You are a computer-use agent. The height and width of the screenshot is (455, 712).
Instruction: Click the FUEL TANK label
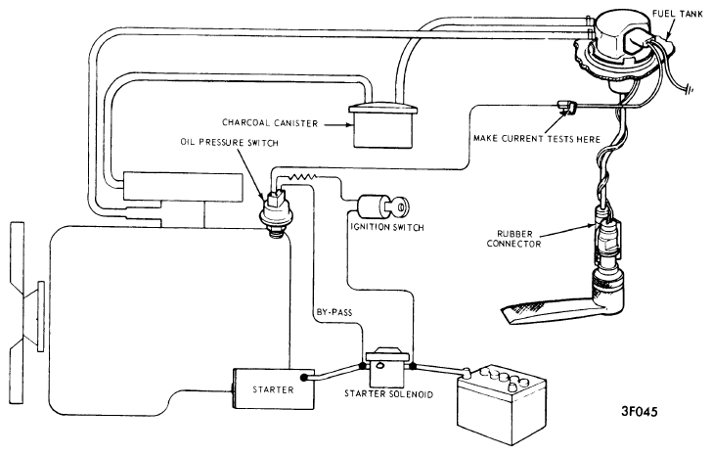point(677,14)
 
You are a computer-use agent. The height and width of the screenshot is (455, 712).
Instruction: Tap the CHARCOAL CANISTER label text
point(270,123)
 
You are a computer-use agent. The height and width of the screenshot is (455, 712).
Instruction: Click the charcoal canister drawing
point(382,125)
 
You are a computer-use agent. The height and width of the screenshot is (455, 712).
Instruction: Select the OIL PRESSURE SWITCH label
point(229,143)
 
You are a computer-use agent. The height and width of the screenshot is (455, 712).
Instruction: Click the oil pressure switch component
point(274,212)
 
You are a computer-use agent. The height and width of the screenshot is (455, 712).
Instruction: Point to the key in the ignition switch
point(399,206)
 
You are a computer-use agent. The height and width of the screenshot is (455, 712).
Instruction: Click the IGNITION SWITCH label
point(387,227)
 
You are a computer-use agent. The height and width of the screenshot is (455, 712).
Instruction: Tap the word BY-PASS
point(334,312)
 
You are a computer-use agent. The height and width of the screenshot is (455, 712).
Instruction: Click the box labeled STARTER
point(274,388)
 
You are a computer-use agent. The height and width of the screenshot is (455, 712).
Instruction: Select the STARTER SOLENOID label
point(388,393)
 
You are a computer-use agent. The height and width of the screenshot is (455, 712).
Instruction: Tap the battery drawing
point(502,404)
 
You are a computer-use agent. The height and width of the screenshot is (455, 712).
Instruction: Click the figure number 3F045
point(640,412)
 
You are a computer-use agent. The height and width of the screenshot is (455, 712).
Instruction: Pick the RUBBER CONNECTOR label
point(514,239)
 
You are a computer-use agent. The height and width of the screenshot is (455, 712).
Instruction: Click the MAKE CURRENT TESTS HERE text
point(537,139)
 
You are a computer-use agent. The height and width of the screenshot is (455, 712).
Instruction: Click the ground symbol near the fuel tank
point(689,89)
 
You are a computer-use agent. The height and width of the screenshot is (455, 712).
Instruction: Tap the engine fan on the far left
point(25,312)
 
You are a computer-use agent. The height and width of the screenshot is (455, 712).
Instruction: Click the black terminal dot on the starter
point(305,377)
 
